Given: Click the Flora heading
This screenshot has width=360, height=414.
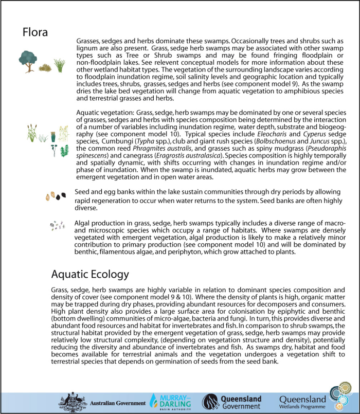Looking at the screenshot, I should click(35, 32).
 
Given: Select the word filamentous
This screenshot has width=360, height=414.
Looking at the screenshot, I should click(124, 253).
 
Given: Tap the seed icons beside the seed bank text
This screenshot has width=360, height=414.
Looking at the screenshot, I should click(56, 196).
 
